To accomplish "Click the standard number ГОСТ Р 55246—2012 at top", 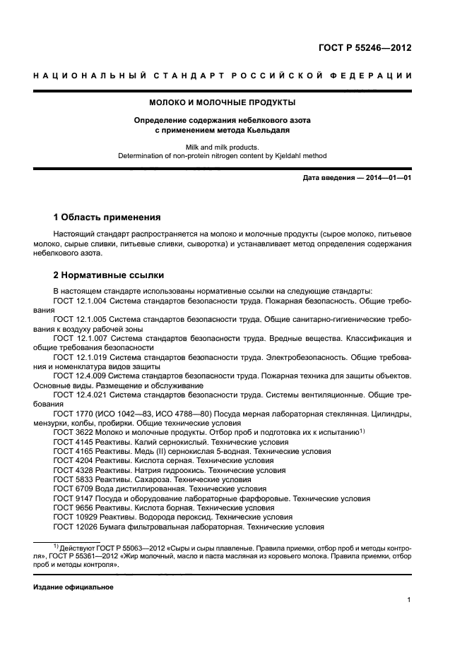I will [x=365, y=48].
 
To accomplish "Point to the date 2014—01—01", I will [x=387, y=178].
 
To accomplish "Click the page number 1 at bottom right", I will [x=408, y=600].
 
